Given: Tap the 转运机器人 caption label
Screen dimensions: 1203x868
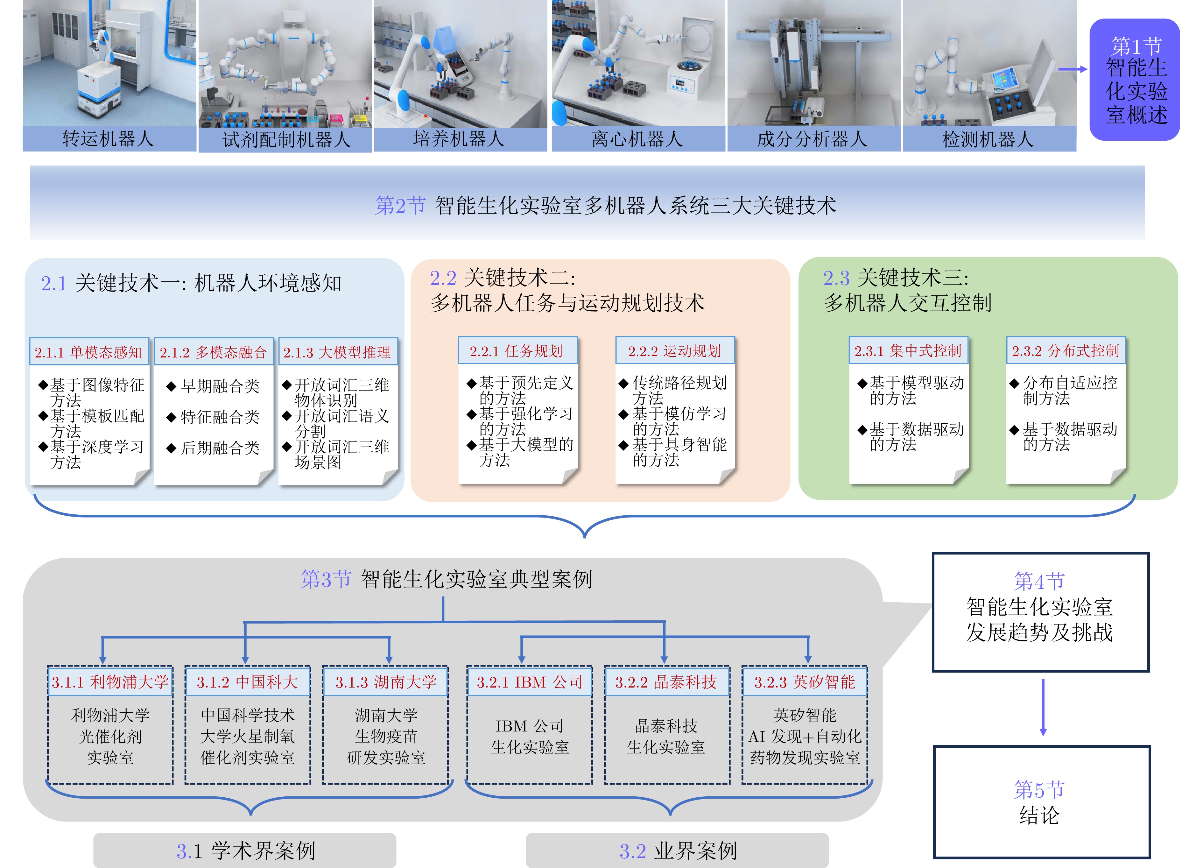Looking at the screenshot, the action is [x=108, y=139].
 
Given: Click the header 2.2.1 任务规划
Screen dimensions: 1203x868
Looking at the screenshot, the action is [x=517, y=351].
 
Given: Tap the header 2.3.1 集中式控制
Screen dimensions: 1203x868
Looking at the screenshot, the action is [x=908, y=351].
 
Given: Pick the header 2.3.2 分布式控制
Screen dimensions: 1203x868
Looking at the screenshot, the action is [x=1065, y=351].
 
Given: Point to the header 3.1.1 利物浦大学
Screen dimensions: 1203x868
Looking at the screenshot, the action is [x=110, y=682].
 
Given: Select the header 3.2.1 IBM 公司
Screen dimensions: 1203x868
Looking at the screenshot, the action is [x=529, y=682].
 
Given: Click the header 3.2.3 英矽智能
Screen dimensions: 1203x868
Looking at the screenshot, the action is [x=805, y=682].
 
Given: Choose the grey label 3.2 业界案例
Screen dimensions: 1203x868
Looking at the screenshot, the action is [x=677, y=850].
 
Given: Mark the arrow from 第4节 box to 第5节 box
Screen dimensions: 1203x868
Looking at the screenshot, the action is [x=1043, y=707].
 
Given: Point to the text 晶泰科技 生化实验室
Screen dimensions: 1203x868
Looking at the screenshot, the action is [x=666, y=737].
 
